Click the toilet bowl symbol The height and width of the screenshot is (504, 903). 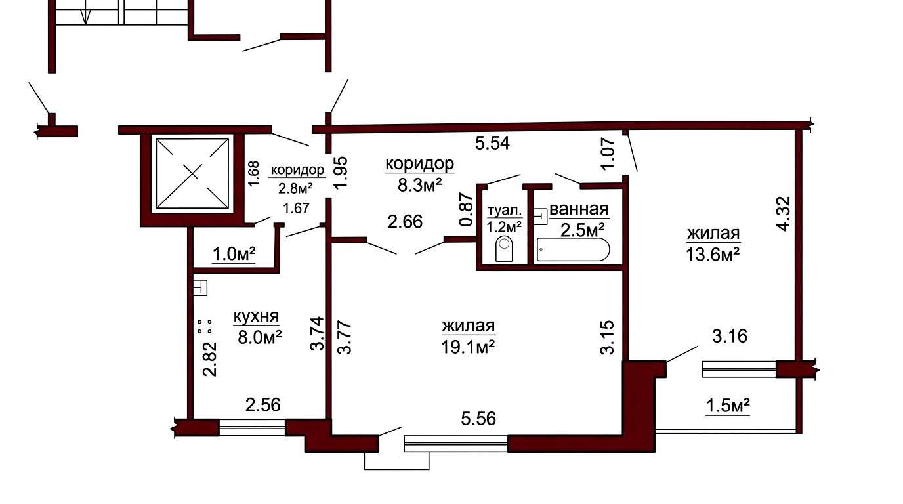pos(504,249)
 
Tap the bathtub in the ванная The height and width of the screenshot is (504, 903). pos(573,249)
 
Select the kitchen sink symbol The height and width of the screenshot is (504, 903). pos(200,288)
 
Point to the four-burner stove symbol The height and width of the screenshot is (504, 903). pos(205,327)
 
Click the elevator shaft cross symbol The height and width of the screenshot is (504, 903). pos(193,173)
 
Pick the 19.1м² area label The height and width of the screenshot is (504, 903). pos(468,346)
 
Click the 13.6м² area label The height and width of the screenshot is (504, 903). pos(713,255)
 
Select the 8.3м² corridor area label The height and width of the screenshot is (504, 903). pos(419,186)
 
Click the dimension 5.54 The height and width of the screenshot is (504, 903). pos(492,143)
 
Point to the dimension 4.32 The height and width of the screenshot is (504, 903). pos(784,214)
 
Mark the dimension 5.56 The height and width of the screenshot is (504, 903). pos(478,419)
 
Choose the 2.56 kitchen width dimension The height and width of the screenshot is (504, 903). pos(263,405)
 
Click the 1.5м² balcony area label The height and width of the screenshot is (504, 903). pos(728,406)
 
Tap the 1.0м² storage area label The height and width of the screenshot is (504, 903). pos(234,255)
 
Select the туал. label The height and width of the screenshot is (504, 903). pos(504,211)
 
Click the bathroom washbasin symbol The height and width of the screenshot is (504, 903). pos(540,216)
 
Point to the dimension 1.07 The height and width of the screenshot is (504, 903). pos(608,154)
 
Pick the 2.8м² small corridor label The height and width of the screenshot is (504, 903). pos(295,188)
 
